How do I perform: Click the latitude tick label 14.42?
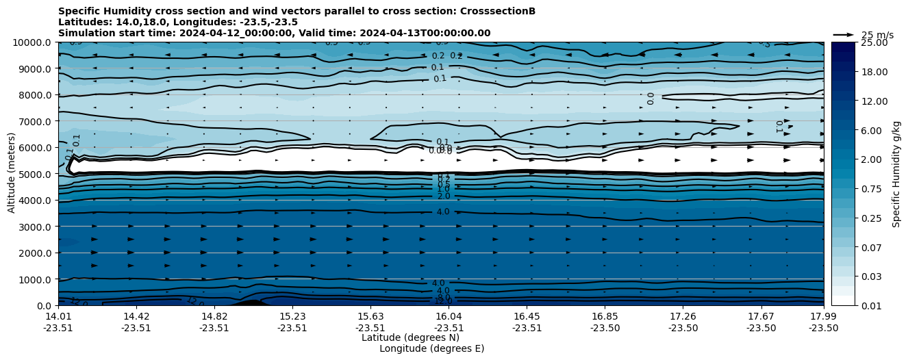pyautogui.click(x=136, y=316)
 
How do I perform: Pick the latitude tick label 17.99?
pyautogui.click(x=823, y=316)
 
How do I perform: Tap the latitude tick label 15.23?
pyautogui.click(x=292, y=316)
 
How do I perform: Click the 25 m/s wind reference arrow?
pyautogui.click(x=844, y=34)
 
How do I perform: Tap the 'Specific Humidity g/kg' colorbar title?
pyautogui.click(x=896, y=174)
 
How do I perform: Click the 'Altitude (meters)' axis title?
pyautogui.click(x=12, y=174)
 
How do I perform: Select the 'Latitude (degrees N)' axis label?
pyautogui.click(x=410, y=337)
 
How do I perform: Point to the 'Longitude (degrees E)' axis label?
pyautogui.click(x=431, y=348)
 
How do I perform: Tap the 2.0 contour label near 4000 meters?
pyautogui.click(x=444, y=196)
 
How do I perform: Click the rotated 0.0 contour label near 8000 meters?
pyautogui.click(x=650, y=99)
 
